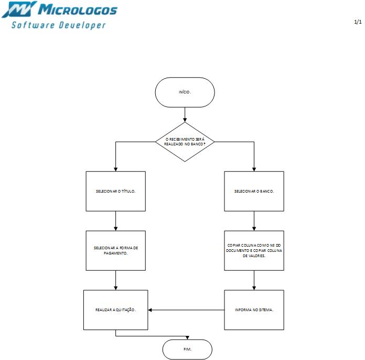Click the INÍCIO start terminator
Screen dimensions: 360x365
[185, 92]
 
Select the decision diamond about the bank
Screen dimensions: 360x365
[185, 142]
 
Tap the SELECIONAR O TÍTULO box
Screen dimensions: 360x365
[115, 191]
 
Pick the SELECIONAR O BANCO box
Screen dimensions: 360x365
[254, 191]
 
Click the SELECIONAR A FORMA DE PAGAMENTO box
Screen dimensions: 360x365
[115, 250]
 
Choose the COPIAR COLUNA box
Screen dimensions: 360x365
[254, 250]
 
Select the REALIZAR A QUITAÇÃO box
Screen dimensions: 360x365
[115, 310]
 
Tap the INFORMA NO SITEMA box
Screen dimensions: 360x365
[254, 310]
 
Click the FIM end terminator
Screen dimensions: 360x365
[187, 349]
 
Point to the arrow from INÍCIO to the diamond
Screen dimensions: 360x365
[185, 114]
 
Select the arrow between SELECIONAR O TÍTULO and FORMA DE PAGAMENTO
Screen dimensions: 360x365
[115, 221]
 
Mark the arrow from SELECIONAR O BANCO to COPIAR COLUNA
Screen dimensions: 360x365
[254, 221]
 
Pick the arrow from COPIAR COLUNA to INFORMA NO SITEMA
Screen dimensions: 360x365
[254, 280]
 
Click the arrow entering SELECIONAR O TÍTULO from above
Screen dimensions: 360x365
[115, 157]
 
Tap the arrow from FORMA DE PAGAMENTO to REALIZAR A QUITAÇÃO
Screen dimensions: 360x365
[115, 280]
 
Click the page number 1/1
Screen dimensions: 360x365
[358, 22]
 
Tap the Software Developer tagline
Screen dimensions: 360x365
[59, 25]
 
